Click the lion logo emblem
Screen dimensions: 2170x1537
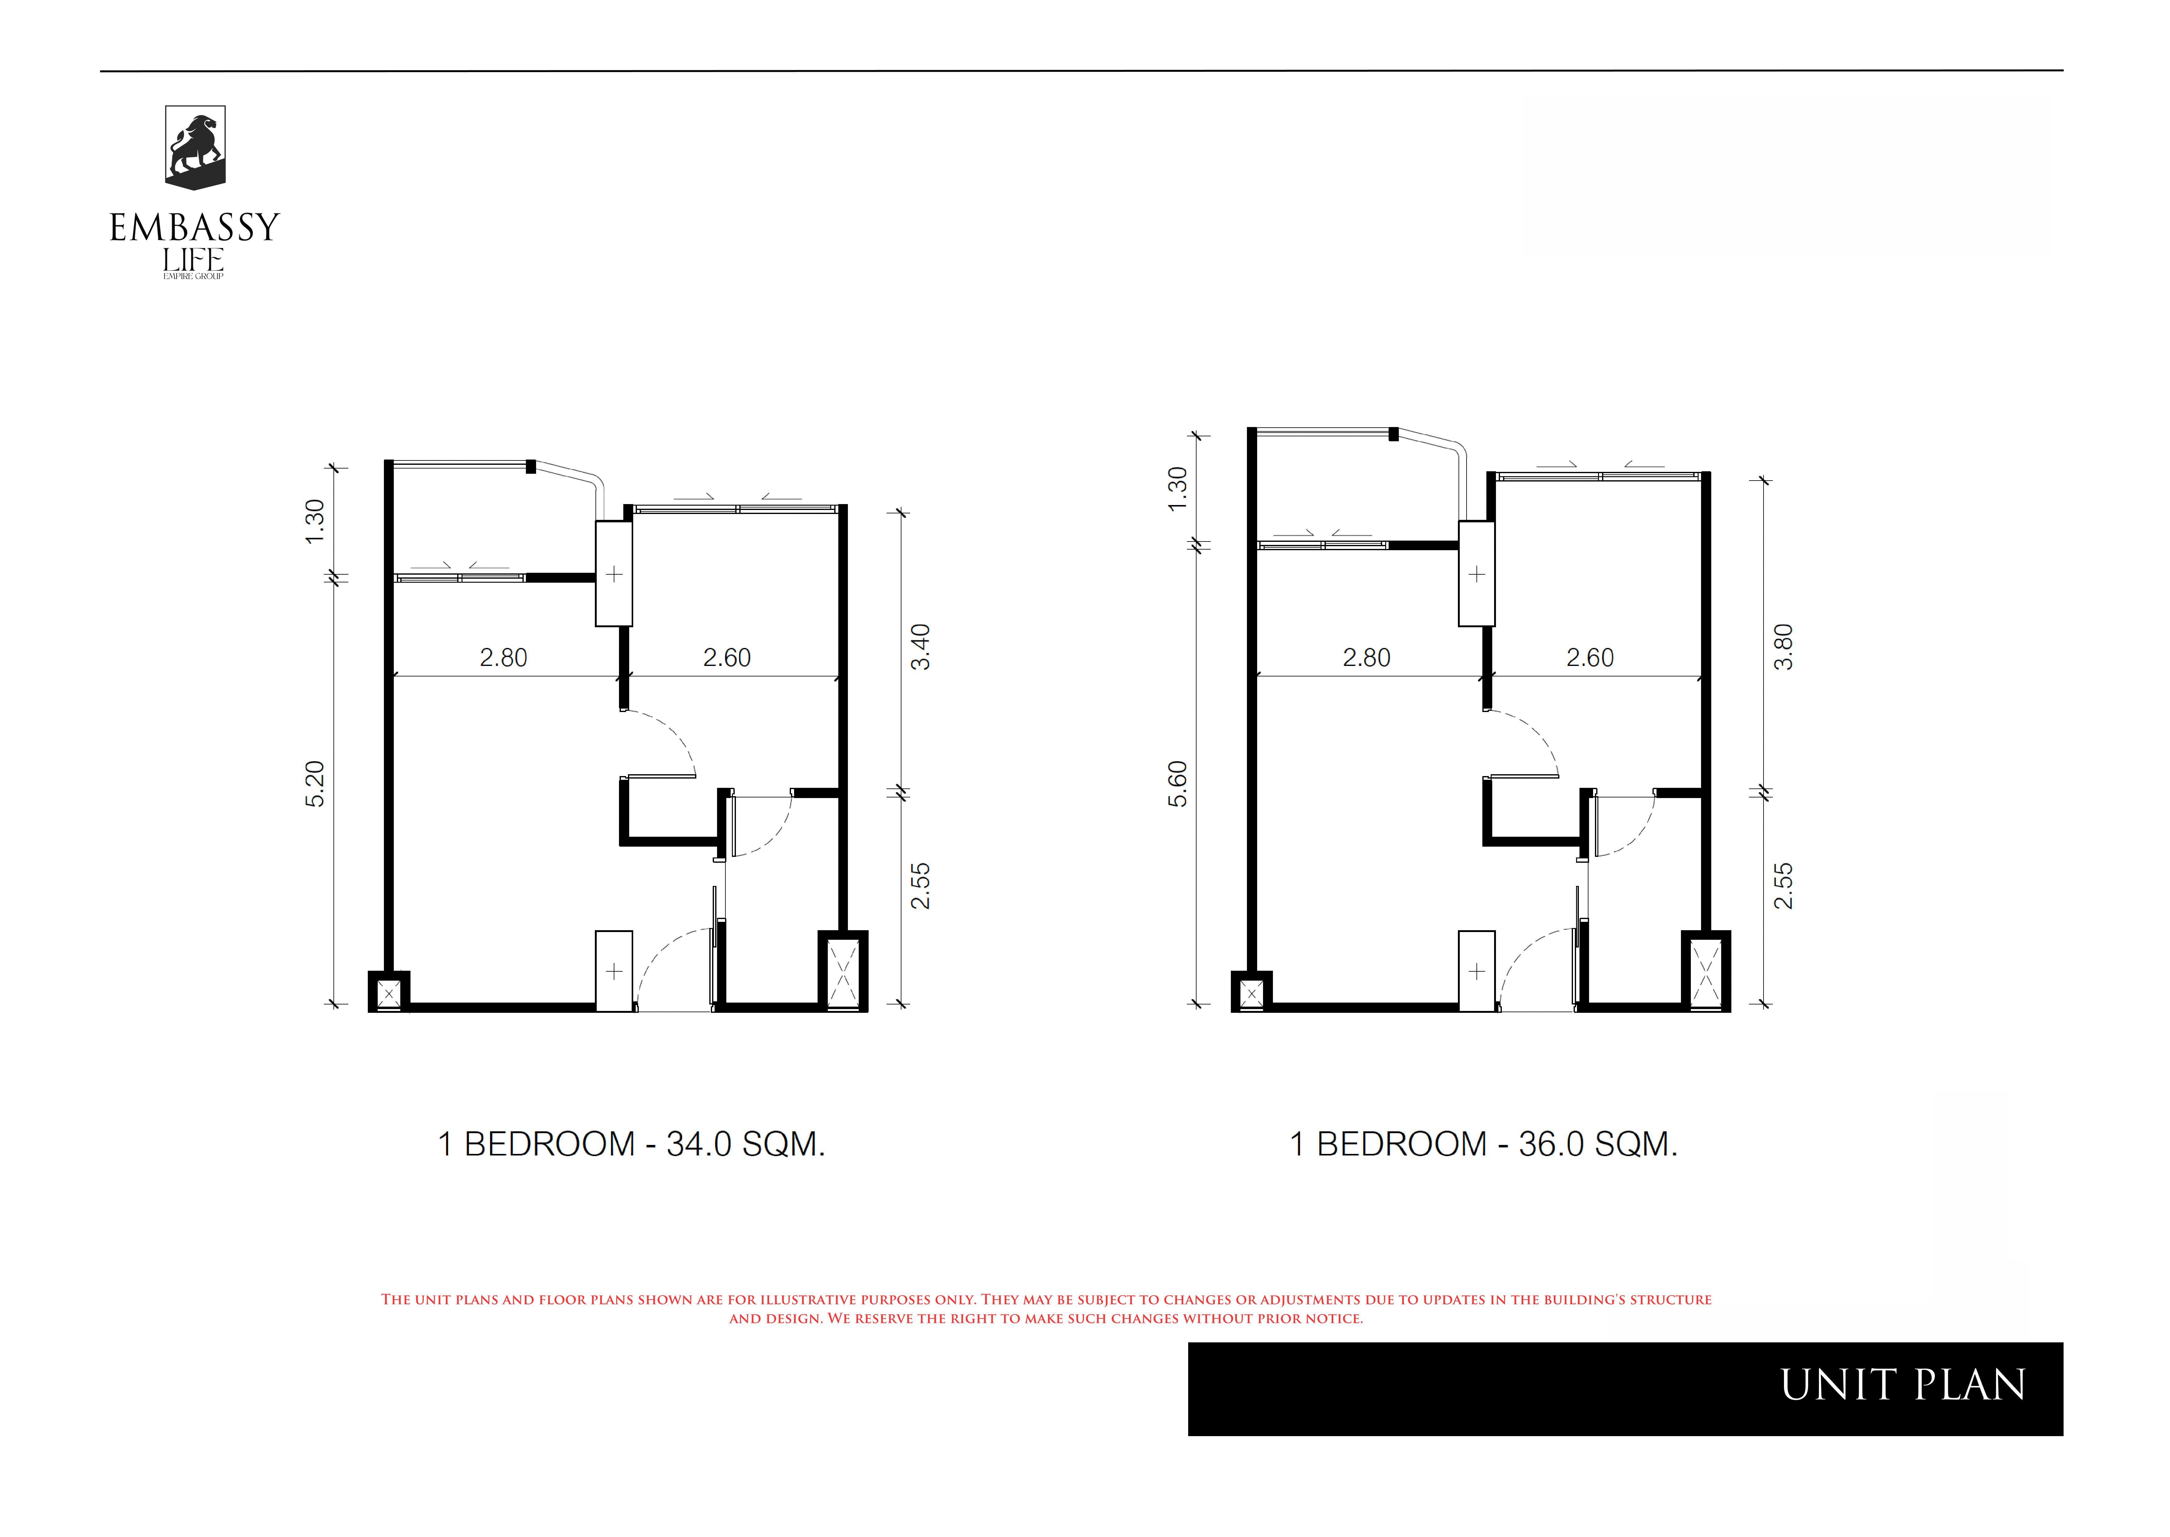195,148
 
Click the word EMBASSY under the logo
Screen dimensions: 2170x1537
195,227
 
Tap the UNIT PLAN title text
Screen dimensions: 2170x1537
1903,1386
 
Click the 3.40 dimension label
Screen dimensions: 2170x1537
920,647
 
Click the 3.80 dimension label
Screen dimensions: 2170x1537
1783,647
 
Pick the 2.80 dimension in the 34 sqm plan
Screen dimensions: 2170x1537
503,658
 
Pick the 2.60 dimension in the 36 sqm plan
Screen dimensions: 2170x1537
1590,658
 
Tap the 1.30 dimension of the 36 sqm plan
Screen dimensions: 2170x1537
1178,488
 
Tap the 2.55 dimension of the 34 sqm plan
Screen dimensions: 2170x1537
920,886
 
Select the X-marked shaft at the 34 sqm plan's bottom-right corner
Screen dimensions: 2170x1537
843,972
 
